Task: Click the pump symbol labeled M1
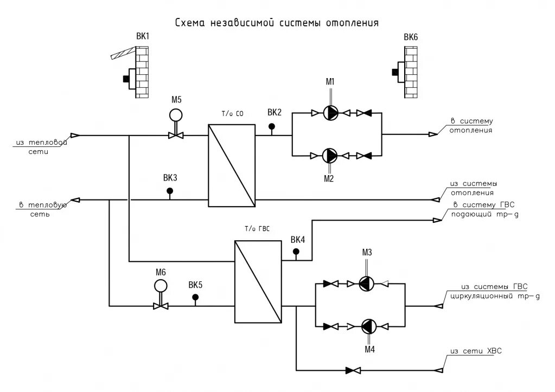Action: click(x=330, y=113)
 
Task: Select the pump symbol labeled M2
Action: click(x=330, y=155)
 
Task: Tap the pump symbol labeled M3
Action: click(x=366, y=284)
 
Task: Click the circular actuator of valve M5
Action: click(x=176, y=115)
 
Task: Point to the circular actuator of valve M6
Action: click(x=161, y=286)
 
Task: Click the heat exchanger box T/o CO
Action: click(x=232, y=165)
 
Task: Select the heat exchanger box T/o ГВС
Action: click(x=258, y=281)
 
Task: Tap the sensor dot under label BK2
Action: click(x=271, y=126)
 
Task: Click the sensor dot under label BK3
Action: click(x=170, y=191)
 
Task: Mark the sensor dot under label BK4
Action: click(x=296, y=252)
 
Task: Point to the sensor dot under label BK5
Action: click(x=195, y=298)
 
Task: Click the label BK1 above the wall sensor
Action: click(x=143, y=36)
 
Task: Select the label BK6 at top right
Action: click(x=411, y=37)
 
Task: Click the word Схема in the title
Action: click(x=190, y=23)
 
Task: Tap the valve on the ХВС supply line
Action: click(x=353, y=370)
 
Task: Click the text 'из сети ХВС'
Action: click(x=476, y=351)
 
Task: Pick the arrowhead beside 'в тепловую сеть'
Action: click(x=75, y=200)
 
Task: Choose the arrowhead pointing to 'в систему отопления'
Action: click(x=433, y=134)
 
